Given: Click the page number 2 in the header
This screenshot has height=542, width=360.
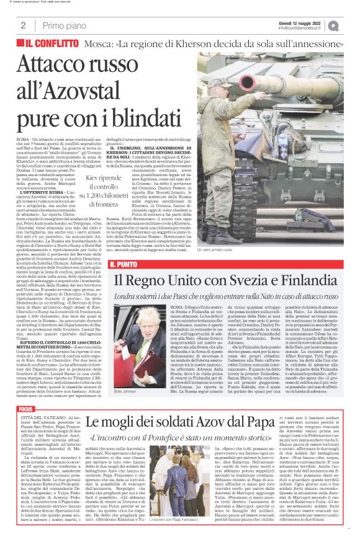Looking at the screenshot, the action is [x=23, y=25].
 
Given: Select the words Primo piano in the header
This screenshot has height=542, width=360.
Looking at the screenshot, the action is [x=62, y=25].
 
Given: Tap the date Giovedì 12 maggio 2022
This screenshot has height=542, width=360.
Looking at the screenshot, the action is [x=304, y=22].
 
